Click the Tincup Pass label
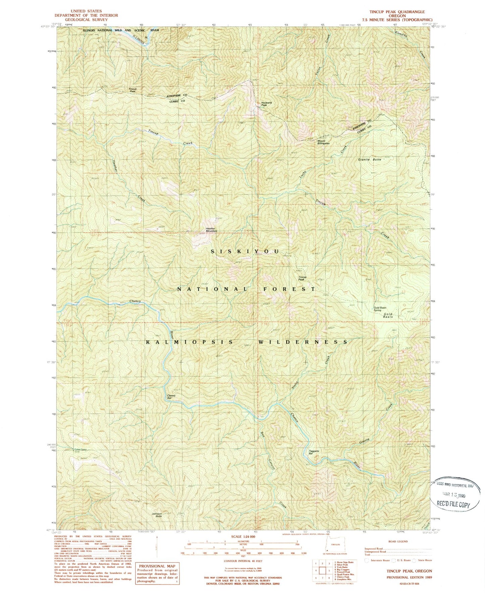coord(133,90)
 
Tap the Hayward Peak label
coord(264,104)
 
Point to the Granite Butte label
coord(370,160)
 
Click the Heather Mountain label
coord(211,230)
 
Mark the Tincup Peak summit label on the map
coord(302,278)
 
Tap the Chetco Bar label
coord(172,397)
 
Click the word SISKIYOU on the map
coord(245,252)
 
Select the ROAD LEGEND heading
coord(398,541)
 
